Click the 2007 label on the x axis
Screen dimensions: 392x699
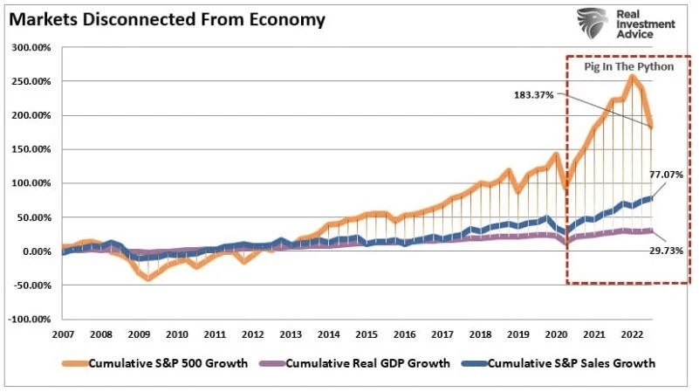click(x=64, y=334)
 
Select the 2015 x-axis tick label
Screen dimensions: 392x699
click(x=366, y=334)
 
